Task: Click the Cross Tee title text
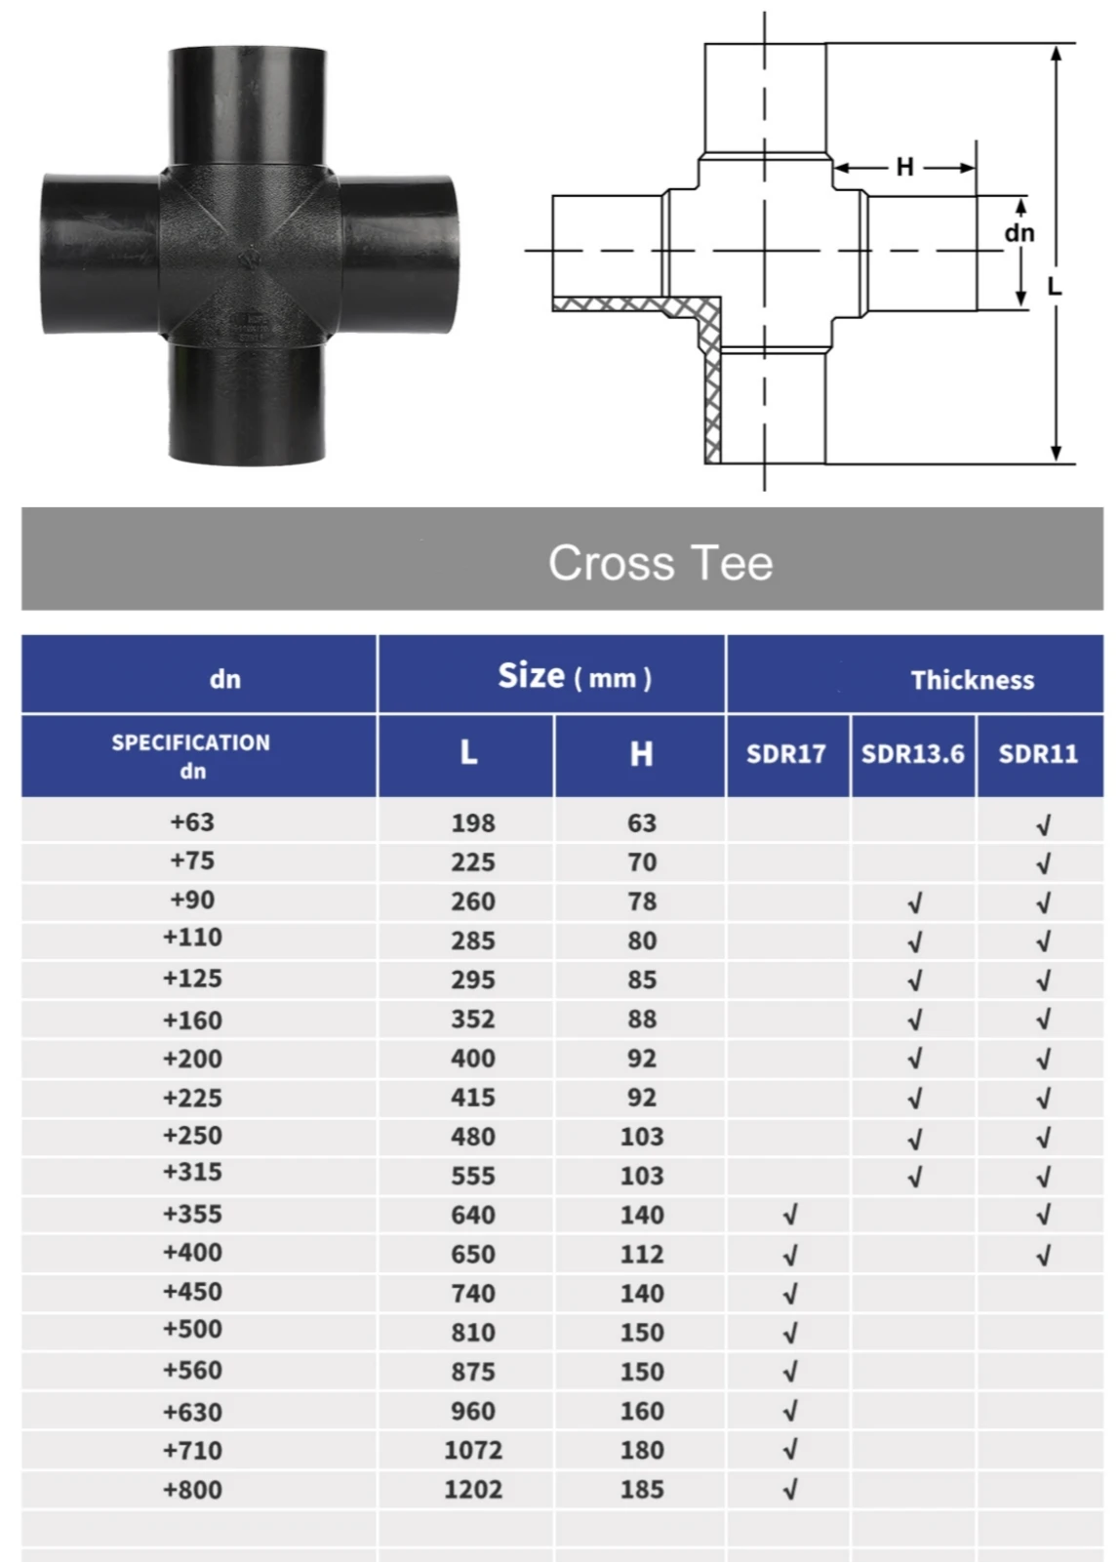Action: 659,563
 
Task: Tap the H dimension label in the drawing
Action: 904,167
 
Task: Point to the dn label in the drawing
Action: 1019,233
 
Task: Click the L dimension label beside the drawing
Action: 1054,287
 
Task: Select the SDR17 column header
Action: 785,754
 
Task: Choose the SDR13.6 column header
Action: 912,754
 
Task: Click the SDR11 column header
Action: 1038,754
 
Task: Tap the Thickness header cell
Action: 972,680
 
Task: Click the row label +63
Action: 192,822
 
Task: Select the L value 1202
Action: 473,1490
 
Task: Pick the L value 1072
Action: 473,1451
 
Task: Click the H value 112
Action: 642,1255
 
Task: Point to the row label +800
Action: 192,1490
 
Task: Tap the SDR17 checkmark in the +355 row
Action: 790,1215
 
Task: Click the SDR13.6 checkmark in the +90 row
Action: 914,903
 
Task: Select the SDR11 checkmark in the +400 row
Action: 1043,1256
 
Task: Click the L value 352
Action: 473,1020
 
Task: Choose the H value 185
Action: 642,1490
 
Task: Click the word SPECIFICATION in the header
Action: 190,742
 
